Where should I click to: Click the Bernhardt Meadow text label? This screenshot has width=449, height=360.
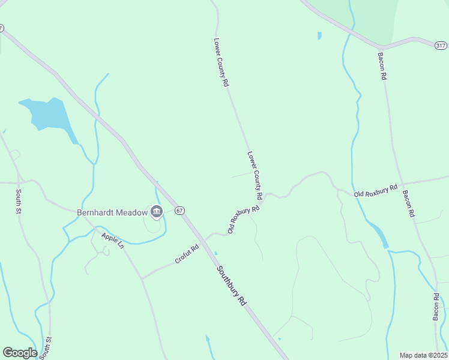113,212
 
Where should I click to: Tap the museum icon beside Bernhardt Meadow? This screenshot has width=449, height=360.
157,211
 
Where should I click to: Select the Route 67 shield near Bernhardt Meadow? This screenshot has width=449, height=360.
179,211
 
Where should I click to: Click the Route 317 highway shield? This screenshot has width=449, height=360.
441,45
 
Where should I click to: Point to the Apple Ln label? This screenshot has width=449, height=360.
112,242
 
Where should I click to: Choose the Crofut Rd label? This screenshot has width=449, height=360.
187,254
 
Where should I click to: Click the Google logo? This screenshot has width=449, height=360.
20,353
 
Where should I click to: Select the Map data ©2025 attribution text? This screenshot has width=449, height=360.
423,355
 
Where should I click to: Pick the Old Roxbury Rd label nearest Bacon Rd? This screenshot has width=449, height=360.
376,191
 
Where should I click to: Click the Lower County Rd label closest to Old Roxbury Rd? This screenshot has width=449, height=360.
255,175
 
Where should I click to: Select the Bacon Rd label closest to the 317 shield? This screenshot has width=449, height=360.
382,67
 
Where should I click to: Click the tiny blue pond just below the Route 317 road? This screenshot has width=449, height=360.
319,35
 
